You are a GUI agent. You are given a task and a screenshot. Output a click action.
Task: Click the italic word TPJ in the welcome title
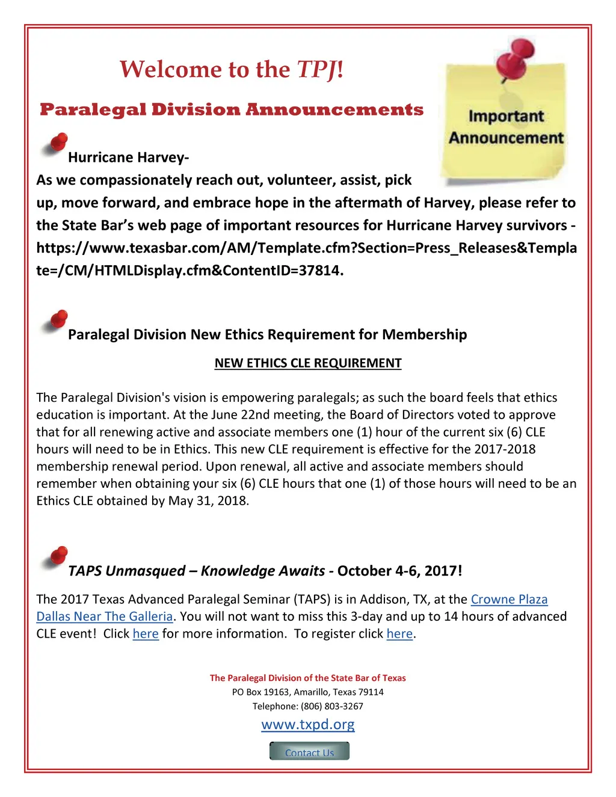pos(316,70)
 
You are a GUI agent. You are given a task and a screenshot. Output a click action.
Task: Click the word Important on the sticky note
pos(506,116)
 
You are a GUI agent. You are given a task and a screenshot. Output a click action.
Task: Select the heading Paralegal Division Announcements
pos(232,109)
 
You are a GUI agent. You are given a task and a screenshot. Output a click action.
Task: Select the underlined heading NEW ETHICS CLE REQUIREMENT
pos(308,363)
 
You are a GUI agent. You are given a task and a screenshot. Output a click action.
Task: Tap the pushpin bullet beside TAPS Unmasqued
pos(55,558)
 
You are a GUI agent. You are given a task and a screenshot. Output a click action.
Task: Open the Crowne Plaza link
pos(509,600)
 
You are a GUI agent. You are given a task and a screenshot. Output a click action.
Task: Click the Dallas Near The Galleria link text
pos(105,617)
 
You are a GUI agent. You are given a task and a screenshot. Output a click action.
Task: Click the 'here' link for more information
pos(146,634)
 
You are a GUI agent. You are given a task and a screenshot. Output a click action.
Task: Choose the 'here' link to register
pos(399,634)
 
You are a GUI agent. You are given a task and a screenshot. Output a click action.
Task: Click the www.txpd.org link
pos(308,724)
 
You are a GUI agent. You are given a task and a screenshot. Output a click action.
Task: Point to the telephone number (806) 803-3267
pos(332,706)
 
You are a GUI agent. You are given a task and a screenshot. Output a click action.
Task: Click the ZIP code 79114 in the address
pos(371,692)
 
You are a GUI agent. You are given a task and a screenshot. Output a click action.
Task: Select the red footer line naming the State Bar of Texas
pos(308,678)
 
